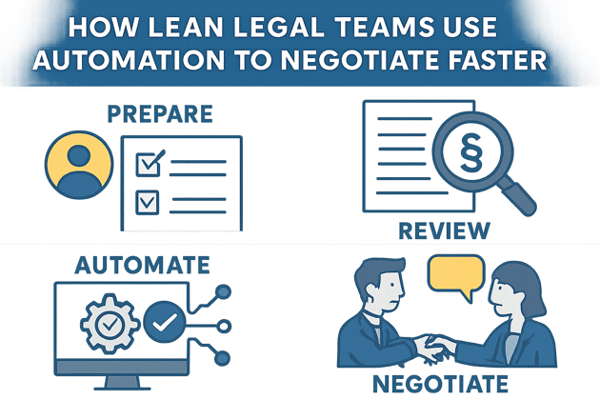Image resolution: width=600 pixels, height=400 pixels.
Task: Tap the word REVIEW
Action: [x=445, y=230]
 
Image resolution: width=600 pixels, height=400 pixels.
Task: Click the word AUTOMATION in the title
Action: [x=138, y=59]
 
